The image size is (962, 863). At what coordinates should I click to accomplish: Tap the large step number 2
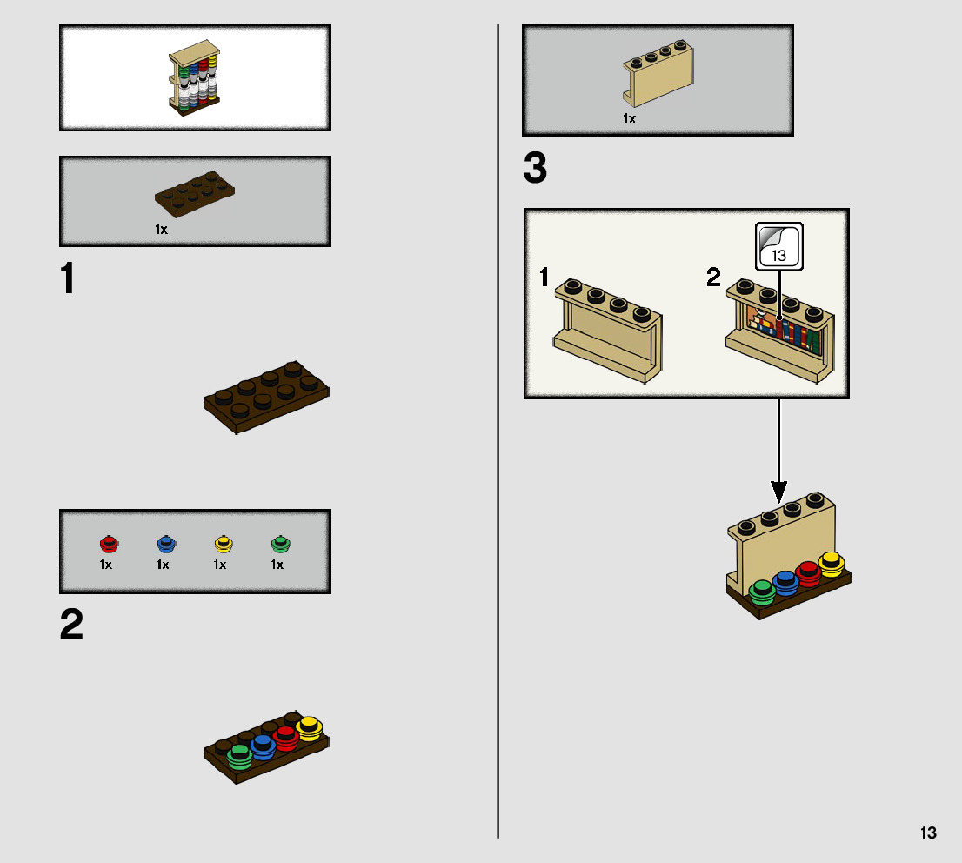point(71,625)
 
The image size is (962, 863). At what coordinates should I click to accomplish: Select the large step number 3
point(535,168)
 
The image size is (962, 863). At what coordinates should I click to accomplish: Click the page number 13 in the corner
point(928,833)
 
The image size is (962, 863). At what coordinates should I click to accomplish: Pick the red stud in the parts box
point(108,545)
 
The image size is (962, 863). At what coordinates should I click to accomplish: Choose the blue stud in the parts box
point(165,545)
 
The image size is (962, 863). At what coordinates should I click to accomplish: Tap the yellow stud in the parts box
point(223,545)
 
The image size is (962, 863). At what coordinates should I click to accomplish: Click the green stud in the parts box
point(279,545)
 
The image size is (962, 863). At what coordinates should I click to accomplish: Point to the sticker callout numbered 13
point(779,246)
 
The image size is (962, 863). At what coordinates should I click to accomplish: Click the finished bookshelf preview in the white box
point(193,78)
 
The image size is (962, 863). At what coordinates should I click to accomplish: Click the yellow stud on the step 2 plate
point(309,726)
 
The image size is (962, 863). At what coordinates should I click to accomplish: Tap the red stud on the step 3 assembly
point(809,574)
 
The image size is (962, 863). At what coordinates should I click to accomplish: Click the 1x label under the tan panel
point(629,118)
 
